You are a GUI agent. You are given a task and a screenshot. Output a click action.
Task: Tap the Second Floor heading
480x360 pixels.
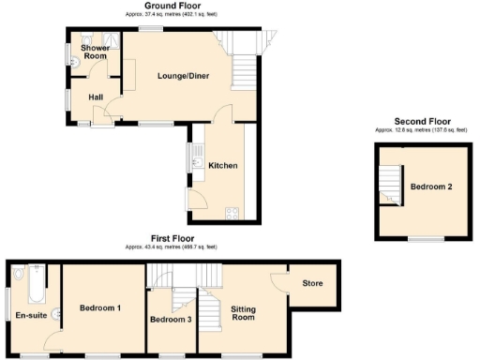click(422, 122)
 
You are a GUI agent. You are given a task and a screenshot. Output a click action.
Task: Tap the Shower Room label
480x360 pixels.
click(95, 52)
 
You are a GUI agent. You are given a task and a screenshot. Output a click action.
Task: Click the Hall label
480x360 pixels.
click(96, 97)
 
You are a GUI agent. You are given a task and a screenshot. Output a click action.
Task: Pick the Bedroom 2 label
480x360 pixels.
click(431, 187)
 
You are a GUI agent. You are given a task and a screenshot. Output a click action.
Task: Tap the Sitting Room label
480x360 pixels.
click(244, 313)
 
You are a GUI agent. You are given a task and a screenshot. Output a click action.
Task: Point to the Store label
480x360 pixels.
click(311, 283)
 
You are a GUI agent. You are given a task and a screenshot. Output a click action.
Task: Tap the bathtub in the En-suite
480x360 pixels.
click(34, 285)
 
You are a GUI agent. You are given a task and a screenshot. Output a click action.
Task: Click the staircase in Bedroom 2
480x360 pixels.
click(390, 184)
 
